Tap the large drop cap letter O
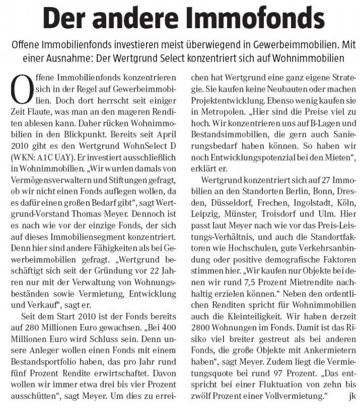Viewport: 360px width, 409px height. (x=21, y=89)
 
